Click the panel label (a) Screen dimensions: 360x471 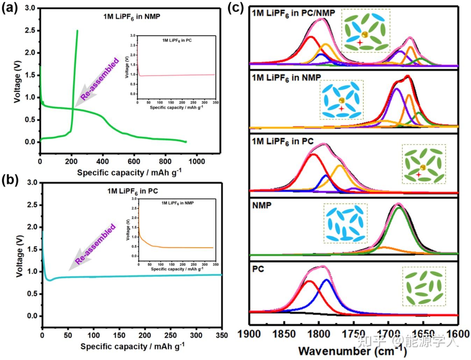click(9, 7)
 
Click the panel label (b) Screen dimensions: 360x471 click(9, 181)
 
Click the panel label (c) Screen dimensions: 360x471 click(235, 7)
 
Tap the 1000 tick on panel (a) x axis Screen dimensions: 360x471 click(197, 161)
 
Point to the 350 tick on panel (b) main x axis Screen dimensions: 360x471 click(222, 335)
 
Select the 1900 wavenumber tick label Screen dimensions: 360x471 click(249, 334)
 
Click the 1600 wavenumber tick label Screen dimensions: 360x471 click(458, 334)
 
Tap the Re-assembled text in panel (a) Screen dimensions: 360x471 click(100, 79)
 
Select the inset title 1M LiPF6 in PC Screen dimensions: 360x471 click(177, 40)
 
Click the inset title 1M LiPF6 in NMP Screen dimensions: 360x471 click(177, 203)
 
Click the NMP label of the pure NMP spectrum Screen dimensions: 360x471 click(262, 205)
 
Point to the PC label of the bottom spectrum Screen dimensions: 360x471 click(258, 269)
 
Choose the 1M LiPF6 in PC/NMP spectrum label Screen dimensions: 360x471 click(293, 13)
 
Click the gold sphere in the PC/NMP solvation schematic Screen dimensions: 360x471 click(365, 35)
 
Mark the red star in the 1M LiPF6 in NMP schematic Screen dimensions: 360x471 click(341, 109)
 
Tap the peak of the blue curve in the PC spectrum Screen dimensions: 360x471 click(327, 280)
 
